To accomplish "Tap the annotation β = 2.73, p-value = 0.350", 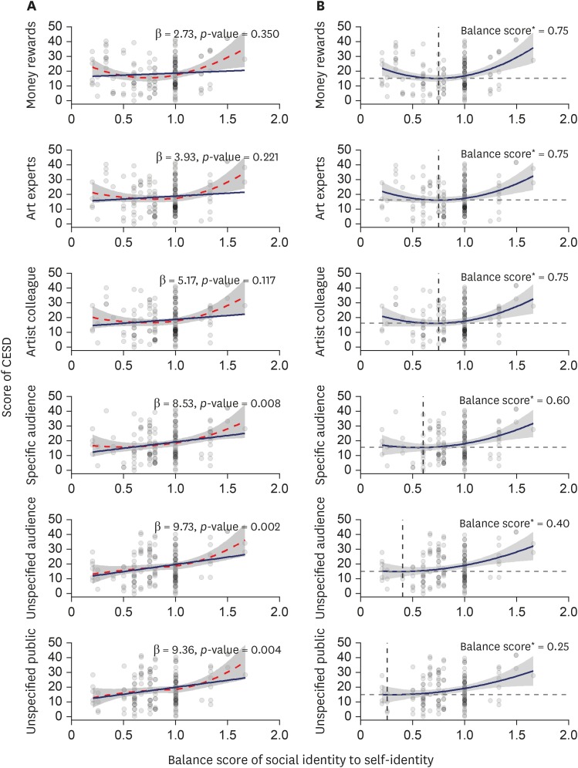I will coord(222,34).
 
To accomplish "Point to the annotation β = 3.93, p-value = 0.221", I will coord(222,157).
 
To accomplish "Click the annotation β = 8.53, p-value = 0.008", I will coord(222,403).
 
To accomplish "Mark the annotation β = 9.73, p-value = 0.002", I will coord(222,526).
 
